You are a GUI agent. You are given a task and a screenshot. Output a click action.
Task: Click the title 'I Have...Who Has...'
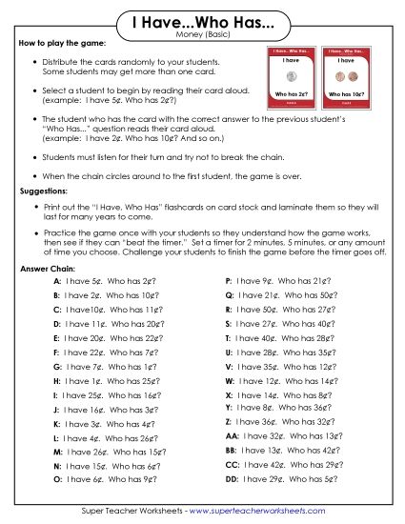(x=201, y=21)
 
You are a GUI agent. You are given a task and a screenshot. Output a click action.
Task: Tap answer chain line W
(x=277, y=381)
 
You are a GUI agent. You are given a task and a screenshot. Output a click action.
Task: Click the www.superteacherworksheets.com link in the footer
(x=270, y=512)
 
